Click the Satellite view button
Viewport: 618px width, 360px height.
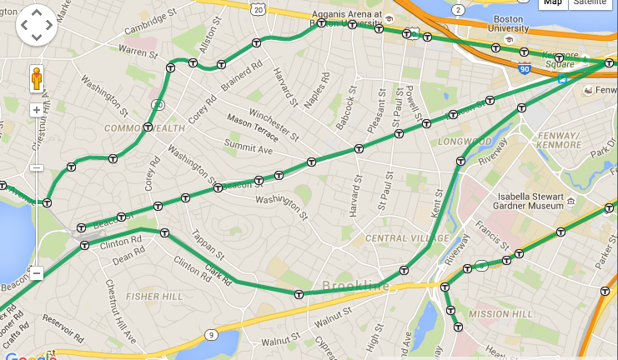pyautogui.click(x=592, y=2)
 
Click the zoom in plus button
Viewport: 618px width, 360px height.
pyautogui.click(x=37, y=110)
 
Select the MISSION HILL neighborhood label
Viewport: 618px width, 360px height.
pyautogui.click(x=501, y=314)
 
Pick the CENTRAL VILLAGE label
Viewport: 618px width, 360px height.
pyautogui.click(x=396, y=239)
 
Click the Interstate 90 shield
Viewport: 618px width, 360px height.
pyautogui.click(x=524, y=67)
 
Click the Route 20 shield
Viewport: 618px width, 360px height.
pyautogui.click(x=259, y=7)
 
